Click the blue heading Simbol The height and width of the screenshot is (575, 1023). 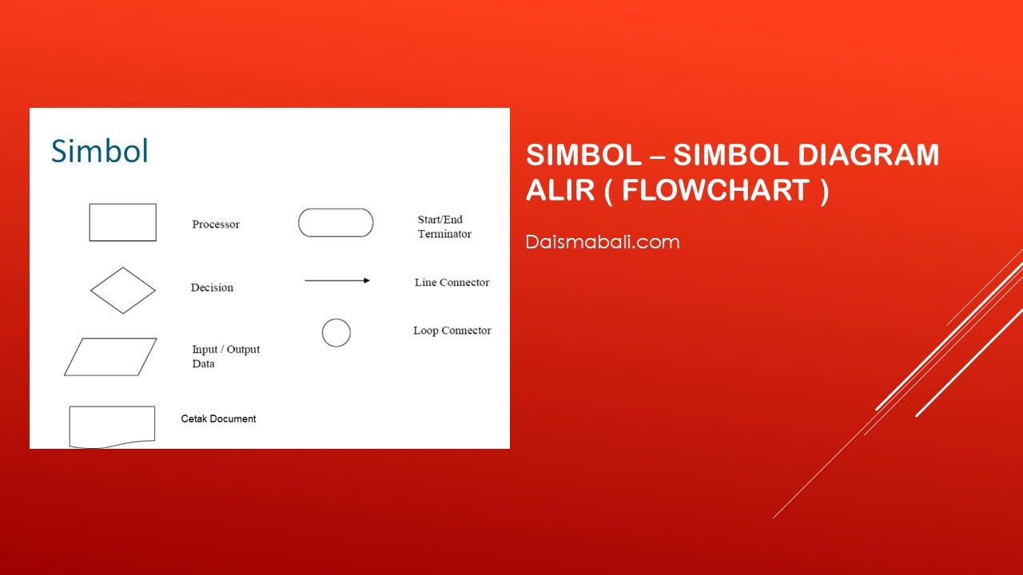[x=100, y=151]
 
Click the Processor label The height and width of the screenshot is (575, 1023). [x=216, y=224]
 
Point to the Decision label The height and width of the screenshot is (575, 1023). [x=212, y=287]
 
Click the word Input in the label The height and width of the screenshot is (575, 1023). [x=205, y=350]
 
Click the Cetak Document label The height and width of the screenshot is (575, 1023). [x=218, y=418]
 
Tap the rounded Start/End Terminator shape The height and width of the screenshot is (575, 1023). [x=336, y=209]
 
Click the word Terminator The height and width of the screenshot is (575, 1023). [x=444, y=234]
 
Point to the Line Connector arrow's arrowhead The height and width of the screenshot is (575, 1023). [x=367, y=280]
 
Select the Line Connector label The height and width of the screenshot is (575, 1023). [x=452, y=283]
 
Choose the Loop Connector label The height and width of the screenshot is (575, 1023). [x=452, y=331]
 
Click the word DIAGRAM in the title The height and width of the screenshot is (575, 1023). [x=868, y=154]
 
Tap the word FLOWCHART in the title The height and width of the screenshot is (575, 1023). [x=716, y=190]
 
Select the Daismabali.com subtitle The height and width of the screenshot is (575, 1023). [x=603, y=242]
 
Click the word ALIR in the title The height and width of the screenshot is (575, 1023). [x=560, y=190]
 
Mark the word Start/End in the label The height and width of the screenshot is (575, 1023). [x=440, y=220]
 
